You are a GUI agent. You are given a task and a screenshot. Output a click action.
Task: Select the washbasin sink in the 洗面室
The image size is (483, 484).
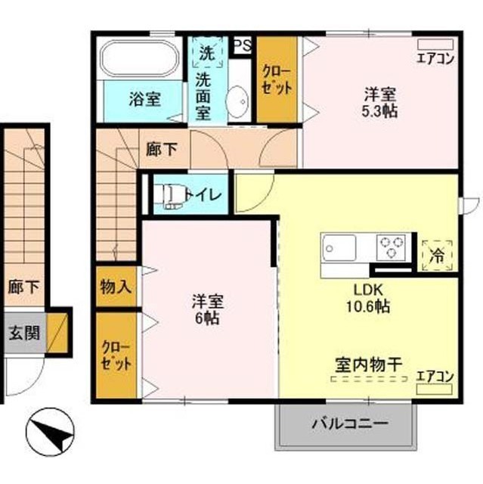point(238,101)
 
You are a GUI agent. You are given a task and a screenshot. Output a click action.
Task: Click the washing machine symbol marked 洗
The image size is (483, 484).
point(207,52)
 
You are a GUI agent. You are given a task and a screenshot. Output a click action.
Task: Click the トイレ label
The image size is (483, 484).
point(203,194)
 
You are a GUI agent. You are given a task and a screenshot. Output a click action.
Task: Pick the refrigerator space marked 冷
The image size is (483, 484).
point(437,256)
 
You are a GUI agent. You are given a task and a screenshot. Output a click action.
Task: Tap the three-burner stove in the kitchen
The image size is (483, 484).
point(392,247)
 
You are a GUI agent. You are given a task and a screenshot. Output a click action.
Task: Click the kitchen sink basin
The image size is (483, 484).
point(339,247)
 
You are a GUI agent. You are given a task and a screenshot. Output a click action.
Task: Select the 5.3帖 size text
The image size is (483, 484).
point(379,111)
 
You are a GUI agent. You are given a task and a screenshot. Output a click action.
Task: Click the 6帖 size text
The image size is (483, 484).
point(207,318)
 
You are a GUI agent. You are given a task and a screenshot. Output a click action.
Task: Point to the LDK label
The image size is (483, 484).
point(368,290)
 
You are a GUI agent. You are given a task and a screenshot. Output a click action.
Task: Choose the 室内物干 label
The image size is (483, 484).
point(369,365)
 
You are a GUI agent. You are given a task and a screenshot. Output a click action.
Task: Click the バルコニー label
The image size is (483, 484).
point(350,423)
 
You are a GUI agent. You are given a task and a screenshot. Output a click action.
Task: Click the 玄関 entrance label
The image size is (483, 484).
point(24,333)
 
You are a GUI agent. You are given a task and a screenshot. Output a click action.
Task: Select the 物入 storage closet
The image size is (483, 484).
point(116,287)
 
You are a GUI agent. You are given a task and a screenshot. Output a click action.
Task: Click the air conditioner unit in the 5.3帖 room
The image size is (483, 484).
point(435,44)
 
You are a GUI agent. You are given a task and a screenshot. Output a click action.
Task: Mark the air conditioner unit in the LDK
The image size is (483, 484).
point(435,389)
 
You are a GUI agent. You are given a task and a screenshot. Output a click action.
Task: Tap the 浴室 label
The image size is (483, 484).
point(144,99)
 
